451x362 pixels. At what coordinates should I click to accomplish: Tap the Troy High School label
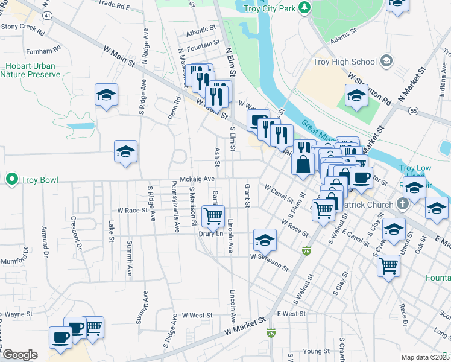pyautogui.click(x=345, y=62)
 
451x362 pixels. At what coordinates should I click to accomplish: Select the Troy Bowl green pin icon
pyautogui.click(x=11, y=179)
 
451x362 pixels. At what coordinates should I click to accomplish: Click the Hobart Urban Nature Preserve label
pyautogui.click(x=30, y=70)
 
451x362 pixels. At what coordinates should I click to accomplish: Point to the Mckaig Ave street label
pyautogui.click(x=197, y=179)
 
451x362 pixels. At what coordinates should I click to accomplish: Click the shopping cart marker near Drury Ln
pyautogui.click(x=213, y=216)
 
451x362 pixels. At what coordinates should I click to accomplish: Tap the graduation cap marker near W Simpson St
pyautogui.click(x=265, y=240)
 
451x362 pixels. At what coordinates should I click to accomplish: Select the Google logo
pyautogui.click(x=20, y=355)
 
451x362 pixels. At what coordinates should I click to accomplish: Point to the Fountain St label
pyautogui.click(x=203, y=45)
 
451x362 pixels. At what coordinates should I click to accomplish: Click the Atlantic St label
pyautogui.click(x=201, y=29)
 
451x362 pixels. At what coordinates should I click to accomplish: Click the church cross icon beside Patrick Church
pyautogui.click(x=402, y=204)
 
